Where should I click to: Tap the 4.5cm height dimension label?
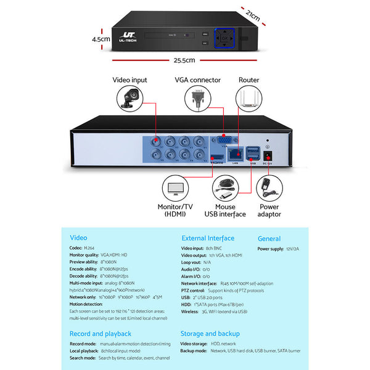pyautogui.click(x=100, y=38)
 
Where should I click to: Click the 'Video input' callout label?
pyautogui.click(x=129, y=80)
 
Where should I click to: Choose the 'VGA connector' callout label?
pyautogui.click(x=197, y=80)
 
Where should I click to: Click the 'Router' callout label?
pyautogui.click(x=249, y=80)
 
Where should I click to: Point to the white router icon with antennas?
pyautogui.click(x=249, y=99)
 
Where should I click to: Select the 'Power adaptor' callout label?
pyautogui.click(x=269, y=210)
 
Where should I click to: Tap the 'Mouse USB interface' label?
pyautogui.click(x=225, y=210)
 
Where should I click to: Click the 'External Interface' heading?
pyautogui.click(x=208, y=238)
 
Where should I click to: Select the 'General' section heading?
pyautogui.click(x=269, y=238)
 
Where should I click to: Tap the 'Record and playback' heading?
pyautogui.click(x=100, y=334)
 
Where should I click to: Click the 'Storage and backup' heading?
pyautogui.click(x=210, y=334)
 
